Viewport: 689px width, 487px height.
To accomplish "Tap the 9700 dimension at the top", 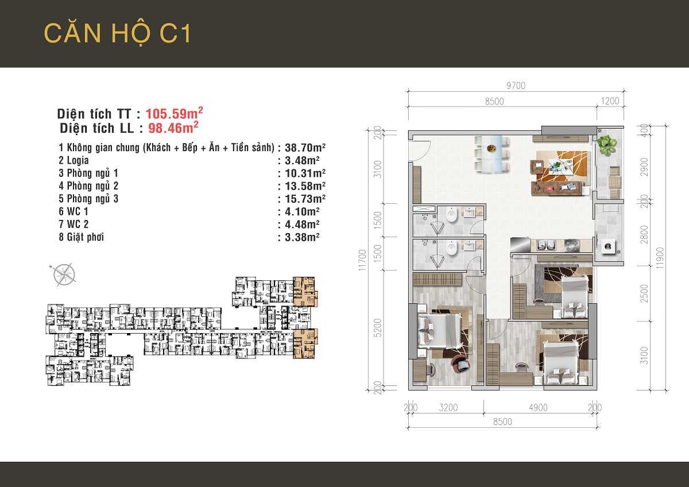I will coord(515,86).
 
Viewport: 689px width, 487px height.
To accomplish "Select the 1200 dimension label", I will coord(610,101).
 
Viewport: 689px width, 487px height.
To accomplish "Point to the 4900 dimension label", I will coord(538,408).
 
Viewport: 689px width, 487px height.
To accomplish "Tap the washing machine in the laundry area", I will coord(608,248).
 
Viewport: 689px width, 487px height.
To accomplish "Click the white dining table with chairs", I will coord(493,153).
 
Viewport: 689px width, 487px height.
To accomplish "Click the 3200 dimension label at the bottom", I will coord(448,408).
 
